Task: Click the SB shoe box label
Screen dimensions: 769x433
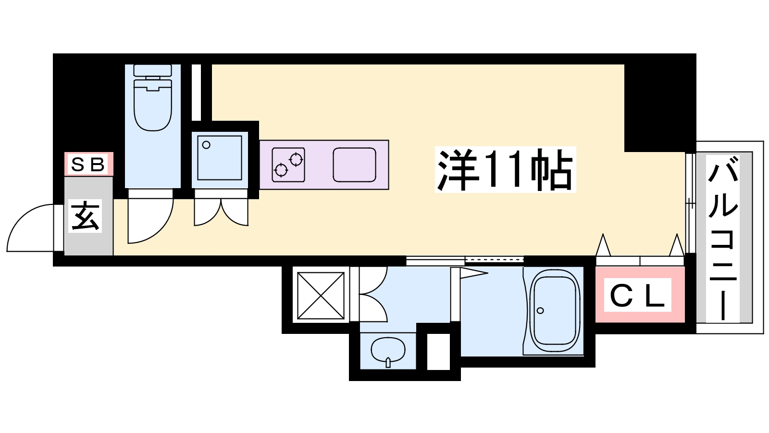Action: click(87, 165)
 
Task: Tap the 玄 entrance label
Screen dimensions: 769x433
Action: click(85, 216)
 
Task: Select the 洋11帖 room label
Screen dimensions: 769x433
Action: click(505, 170)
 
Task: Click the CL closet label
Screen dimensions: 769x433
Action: click(637, 295)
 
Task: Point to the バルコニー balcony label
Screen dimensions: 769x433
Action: click(723, 238)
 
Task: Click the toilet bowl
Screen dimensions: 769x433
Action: click(153, 105)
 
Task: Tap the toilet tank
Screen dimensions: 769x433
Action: click(153, 70)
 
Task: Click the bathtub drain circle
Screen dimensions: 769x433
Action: click(540, 311)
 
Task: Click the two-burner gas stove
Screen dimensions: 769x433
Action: click(288, 165)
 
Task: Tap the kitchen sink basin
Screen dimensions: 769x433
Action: click(354, 165)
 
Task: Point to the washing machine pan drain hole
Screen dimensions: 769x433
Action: click(206, 145)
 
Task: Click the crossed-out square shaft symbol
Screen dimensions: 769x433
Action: click(321, 295)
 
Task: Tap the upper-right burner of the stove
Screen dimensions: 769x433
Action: click(296, 159)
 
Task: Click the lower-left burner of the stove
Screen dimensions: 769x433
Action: click(281, 170)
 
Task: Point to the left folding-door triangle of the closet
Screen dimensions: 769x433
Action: click(603, 245)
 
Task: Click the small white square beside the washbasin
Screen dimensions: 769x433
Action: click(438, 352)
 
